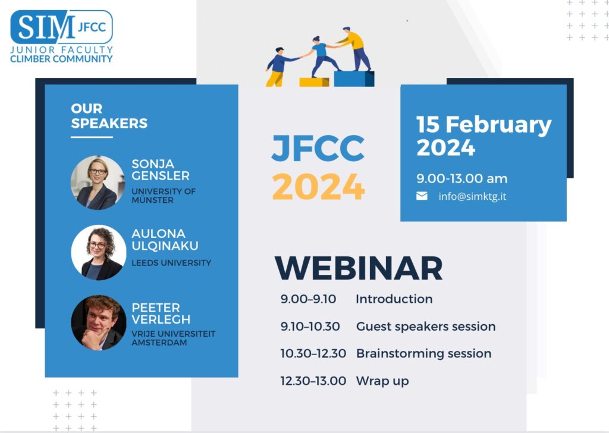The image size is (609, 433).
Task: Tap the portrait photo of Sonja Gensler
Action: [98, 183]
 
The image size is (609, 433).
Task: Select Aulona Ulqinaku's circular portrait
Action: [99, 252]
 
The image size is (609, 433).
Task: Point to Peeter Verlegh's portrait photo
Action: [99, 323]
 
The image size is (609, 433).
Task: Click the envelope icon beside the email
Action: [422, 196]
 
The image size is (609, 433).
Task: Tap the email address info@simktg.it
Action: [472, 196]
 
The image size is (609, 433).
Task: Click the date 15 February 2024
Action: [484, 136]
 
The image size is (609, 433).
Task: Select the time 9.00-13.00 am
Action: [462, 178]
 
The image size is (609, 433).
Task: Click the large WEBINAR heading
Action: [359, 268]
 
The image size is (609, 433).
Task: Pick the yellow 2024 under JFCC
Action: [319, 186]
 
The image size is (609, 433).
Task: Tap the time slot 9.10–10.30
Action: [310, 326]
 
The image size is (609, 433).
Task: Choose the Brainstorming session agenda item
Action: [423, 354]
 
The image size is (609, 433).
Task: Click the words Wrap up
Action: [382, 381]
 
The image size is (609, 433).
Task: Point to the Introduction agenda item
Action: [394, 299]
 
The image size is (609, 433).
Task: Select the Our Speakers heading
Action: [109, 116]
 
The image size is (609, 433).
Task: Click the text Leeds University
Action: [171, 263]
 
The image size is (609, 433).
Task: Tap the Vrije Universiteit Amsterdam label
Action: [173, 338]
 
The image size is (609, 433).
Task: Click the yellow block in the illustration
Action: [314, 82]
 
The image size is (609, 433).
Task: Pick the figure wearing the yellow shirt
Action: [354, 49]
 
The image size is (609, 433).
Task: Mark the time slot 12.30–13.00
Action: [313, 381]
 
